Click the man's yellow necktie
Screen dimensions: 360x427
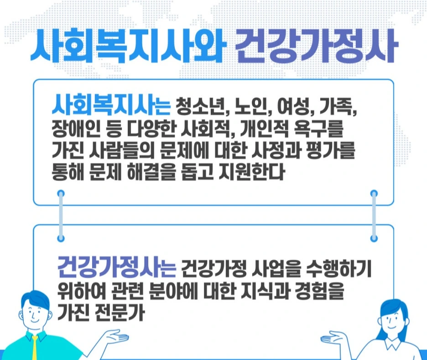point(35,348)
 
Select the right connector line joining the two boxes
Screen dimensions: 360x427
point(374,216)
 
